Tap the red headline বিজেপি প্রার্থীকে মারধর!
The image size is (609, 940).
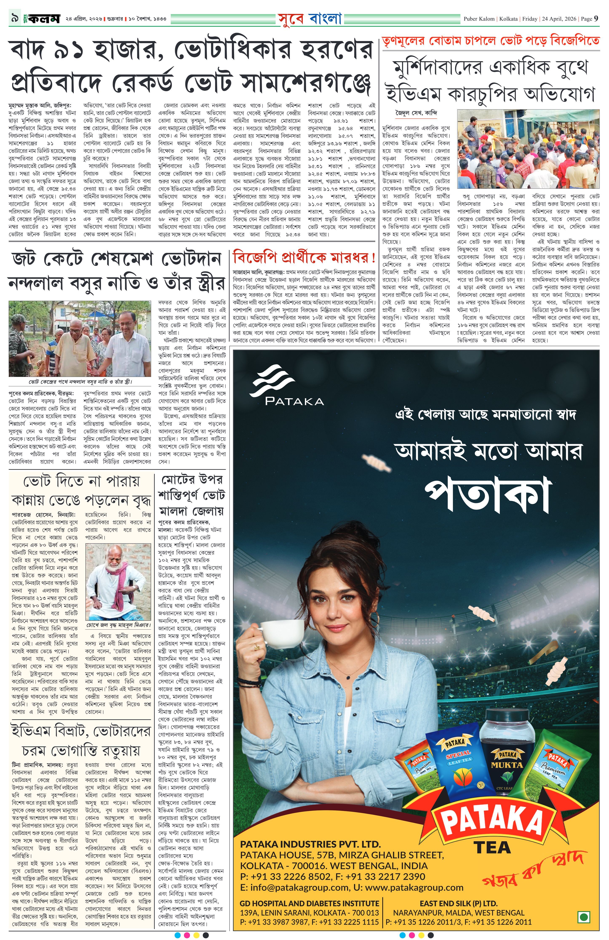[x=304, y=259]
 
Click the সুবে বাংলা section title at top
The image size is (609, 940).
[x=309, y=18]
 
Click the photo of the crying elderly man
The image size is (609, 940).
[x=118, y=581]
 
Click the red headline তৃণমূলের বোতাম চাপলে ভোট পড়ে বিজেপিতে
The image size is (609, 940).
[x=490, y=41]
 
